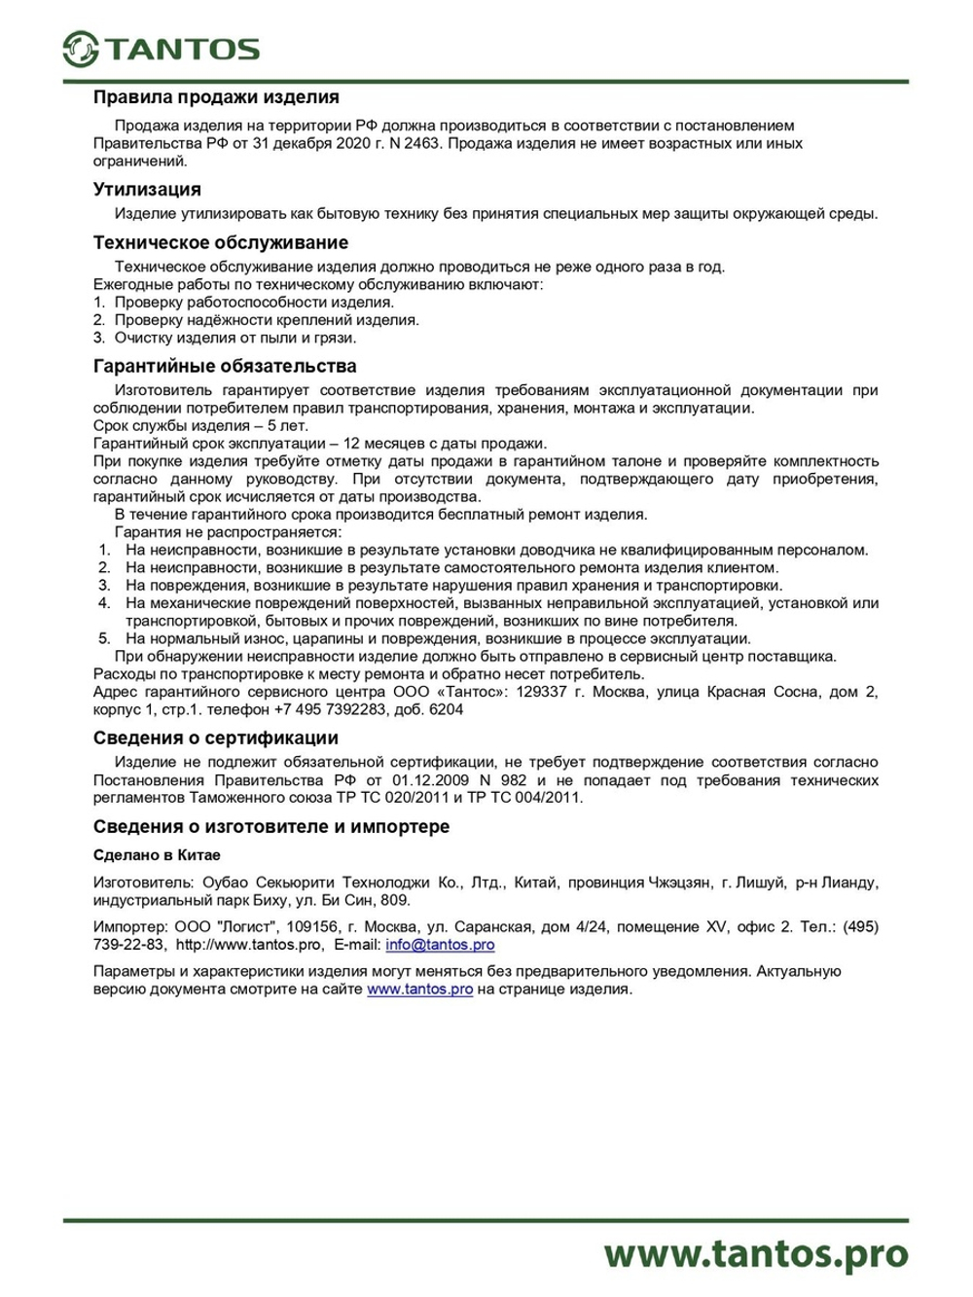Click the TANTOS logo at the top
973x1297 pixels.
(x=162, y=49)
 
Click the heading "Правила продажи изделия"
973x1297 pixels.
(x=216, y=97)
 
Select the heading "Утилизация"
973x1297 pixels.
(x=147, y=190)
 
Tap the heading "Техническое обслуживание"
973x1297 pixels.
(x=220, y=243)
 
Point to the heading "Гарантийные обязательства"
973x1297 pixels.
(x=225, y=367)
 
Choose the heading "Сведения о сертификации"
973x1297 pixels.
(x=216, y=739)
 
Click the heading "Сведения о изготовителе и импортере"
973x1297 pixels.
(x=271, y=827)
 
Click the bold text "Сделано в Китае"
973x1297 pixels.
(x=157, y=855)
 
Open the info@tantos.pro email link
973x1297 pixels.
(x=440, y=945)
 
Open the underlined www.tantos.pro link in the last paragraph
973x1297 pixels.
(x=419, y=989)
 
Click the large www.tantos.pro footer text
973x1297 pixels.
(x=755, y=1253)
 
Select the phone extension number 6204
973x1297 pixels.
(x=447, y=709)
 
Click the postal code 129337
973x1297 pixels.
(x=540, y=692)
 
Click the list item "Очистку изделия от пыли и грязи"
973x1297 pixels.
(x=234, y=338)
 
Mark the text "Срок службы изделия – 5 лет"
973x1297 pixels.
(x=200, y=426)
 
